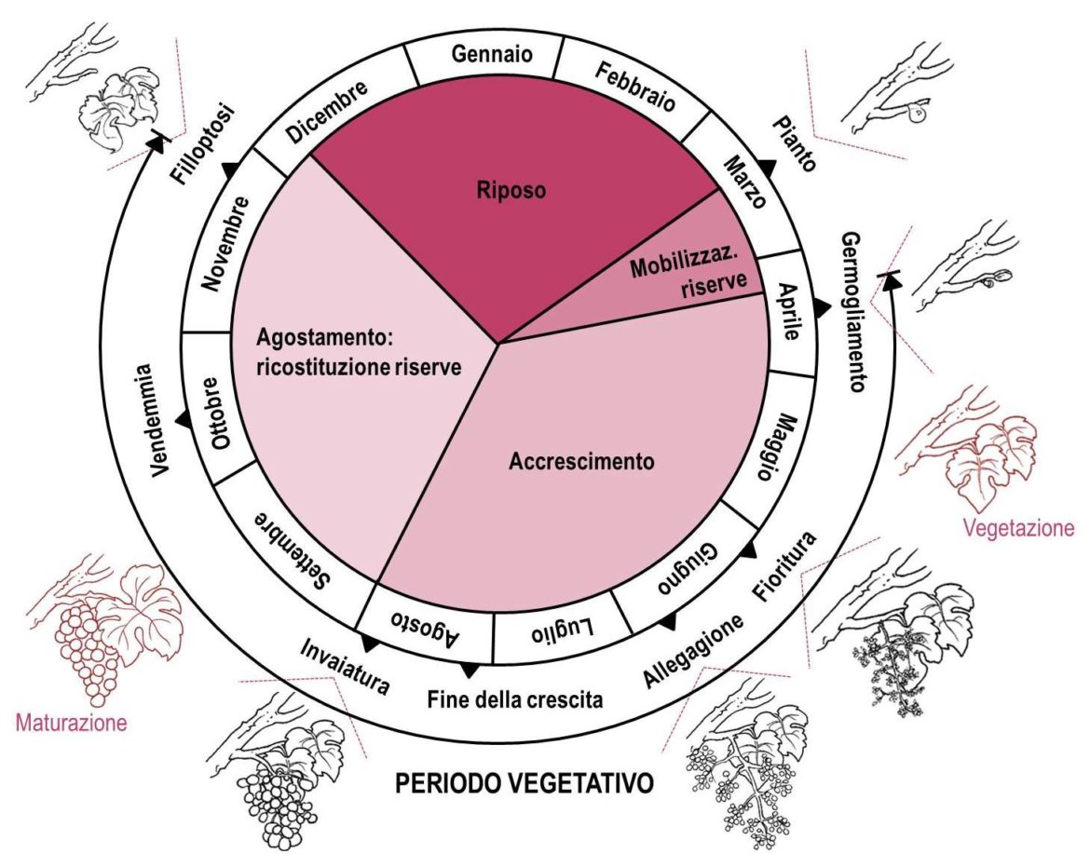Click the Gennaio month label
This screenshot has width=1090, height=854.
pos(493,54)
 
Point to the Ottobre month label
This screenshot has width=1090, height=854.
pos(221,413)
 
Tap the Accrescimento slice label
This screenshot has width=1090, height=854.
pos(582,461)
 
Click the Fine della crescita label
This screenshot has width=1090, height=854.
pos(515,698)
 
